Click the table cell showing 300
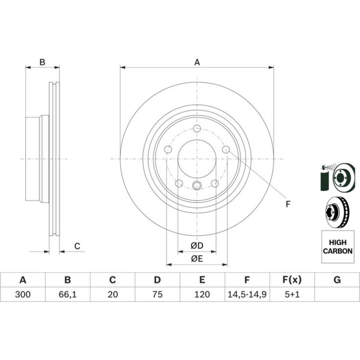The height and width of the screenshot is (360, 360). (23, 295)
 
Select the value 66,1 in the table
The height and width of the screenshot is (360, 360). (67, 295)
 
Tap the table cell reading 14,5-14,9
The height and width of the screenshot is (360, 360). (247, 295)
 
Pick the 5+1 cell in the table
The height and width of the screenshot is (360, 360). (292, 295)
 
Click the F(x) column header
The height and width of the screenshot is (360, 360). (292, 280)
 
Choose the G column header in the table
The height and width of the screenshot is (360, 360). (337, 280)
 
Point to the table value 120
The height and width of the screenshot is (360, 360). (202, 295)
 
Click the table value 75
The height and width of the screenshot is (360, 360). (157, 295)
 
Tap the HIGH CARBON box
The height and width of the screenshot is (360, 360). (338, 247)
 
